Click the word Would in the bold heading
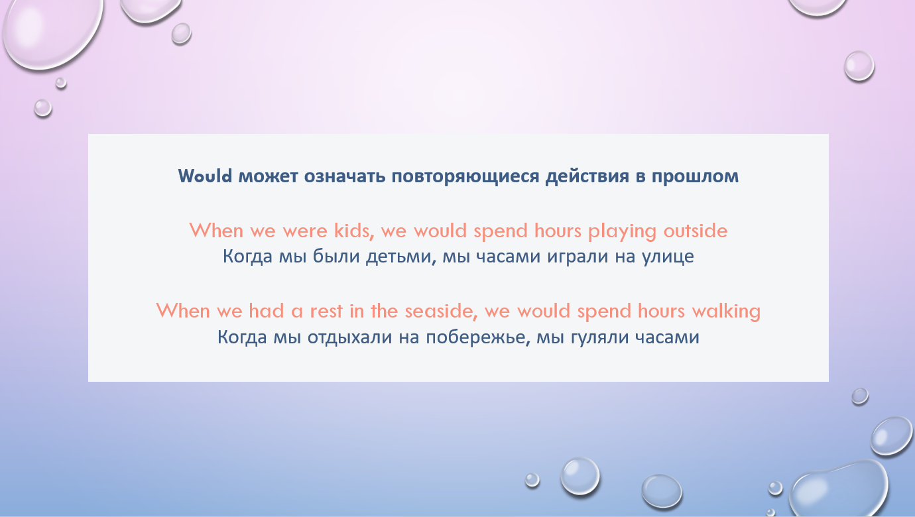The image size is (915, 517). coord(205,176)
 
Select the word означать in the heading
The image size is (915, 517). coord(344,176)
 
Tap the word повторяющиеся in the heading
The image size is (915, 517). coord(465,177)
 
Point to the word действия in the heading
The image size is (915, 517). coord(587,177)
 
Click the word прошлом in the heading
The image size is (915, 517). coord(695,177)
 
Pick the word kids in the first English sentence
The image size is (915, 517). coord(354,231)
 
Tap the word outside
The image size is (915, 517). coord(696,231)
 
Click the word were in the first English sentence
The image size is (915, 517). coord(305,231)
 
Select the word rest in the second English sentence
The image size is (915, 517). coord(326,312)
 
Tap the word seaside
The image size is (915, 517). coord(441,312)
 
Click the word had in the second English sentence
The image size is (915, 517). coord(267,311)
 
